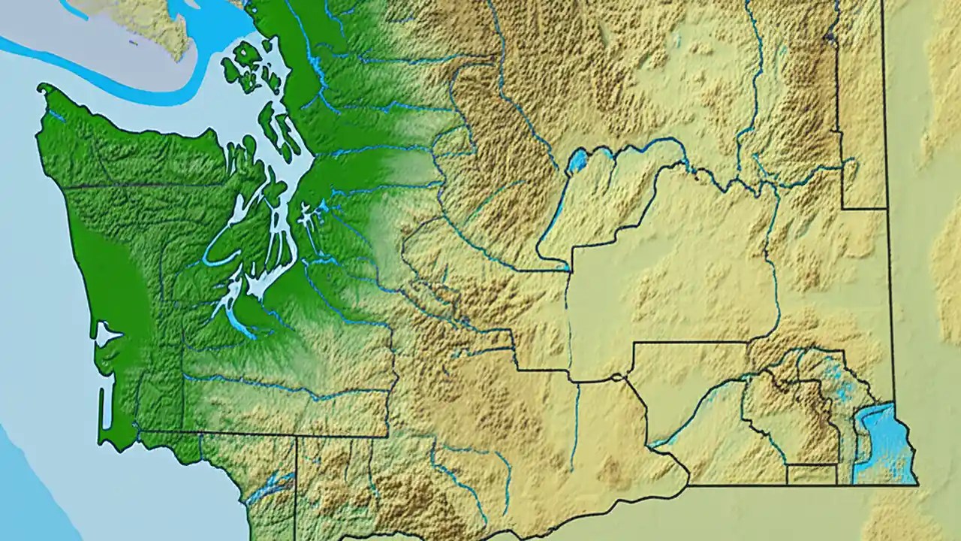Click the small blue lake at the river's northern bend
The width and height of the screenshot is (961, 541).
pos(577,160)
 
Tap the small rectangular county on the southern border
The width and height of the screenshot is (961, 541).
pos(811,474)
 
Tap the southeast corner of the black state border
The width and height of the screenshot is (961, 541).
pos(917,484)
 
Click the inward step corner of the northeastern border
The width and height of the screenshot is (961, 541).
pos(842,207)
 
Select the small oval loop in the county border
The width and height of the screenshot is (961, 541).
pos(616,376)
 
